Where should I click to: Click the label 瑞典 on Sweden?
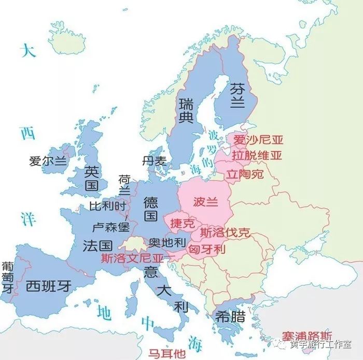coord(186,110)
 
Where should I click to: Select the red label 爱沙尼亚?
coord(257,140)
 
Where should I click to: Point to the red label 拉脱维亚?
coord(257,155)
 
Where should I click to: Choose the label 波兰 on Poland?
coord(205,201)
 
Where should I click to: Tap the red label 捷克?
coord(183,224)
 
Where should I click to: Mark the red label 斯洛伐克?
coord(225,233)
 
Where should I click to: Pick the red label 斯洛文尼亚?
coord(132,257)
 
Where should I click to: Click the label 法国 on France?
coord(97,246)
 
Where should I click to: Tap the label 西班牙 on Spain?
coord(50,285)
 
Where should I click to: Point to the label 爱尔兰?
coord(48,161)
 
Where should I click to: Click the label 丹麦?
coord(154,161)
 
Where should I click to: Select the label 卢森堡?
coord(110,227)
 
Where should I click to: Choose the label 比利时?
coord(107,206)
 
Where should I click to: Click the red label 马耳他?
coord(166,354)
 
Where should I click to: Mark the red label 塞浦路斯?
coord(307,336)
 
